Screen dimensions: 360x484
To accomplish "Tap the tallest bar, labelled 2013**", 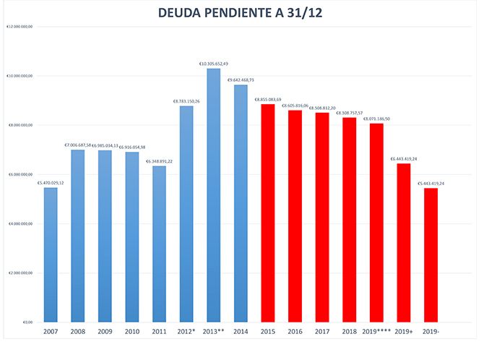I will [x=213, y=195].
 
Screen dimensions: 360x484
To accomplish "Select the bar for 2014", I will [x=241, y=203].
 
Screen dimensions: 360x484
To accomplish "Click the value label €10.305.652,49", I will [x=214, y=64].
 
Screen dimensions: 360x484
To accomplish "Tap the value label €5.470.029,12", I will [x=51, y=183].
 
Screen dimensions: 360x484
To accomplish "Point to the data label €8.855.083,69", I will [x=268, y=99].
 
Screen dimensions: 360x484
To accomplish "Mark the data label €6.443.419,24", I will [x=403, y=158].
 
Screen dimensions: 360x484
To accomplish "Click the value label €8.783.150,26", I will [x=186, y=101].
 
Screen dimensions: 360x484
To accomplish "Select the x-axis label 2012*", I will [x=186, y=332].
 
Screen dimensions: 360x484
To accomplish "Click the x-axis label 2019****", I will [x=376, y=332].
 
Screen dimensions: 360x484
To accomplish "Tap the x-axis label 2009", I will [x=105, y=332].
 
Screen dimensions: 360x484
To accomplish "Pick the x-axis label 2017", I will [x=322, y=332].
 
